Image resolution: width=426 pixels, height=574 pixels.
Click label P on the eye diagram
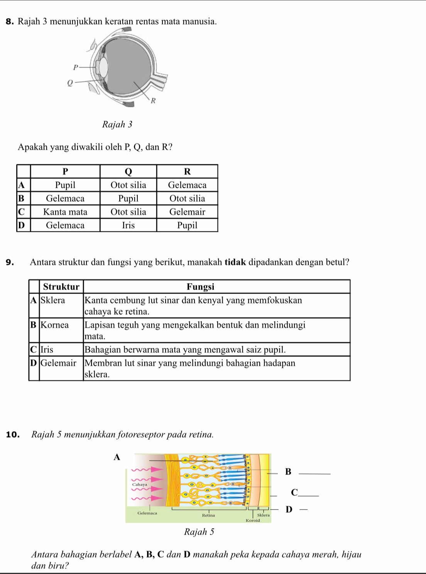tap(76, 68)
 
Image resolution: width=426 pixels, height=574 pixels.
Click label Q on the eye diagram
tap(70, 83)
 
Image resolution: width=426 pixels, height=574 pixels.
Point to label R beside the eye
tap(153, 101)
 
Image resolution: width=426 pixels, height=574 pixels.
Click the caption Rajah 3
tap(117, 125)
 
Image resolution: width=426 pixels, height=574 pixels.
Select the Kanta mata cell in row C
tap(65, 212)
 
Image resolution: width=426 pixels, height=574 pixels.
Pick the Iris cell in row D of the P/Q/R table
tap(128, 225)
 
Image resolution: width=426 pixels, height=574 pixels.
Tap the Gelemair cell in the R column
tap(187, 212)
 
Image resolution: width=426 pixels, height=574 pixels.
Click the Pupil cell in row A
tap(65, 185)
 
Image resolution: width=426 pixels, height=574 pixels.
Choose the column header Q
tap(128, 172)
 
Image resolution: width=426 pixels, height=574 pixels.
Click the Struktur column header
tap(61, 287)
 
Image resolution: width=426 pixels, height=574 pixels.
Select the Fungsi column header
tap(200, 287)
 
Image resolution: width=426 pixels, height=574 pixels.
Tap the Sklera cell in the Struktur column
tap(53, 301)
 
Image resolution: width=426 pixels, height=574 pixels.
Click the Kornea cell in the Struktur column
tap(55, 325)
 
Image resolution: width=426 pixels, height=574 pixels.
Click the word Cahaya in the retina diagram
tap(139, 484)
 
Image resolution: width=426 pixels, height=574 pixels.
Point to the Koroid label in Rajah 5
tap(253, 520)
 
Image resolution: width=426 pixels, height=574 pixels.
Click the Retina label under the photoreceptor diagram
tap(208, 515)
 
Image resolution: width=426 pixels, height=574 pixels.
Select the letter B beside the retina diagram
tap(287, 471)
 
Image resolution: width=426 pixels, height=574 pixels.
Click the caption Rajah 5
tap(199, 532)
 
